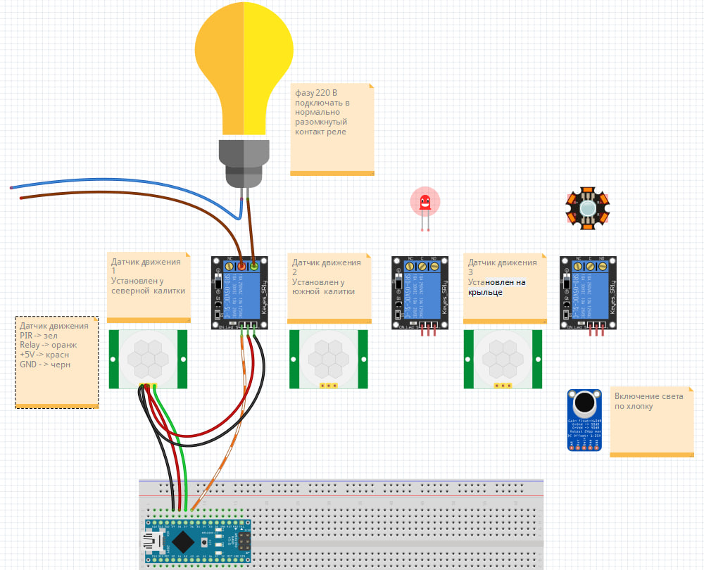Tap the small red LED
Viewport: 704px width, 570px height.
(425, 203)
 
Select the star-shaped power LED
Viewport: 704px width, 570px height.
(587, 208)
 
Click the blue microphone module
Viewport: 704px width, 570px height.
(584, 420)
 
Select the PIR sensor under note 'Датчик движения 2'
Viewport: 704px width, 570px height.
(329, 359)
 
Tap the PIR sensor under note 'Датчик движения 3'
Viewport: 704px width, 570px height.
(503, 359)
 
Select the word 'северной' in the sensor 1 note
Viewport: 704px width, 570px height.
(127, 291)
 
